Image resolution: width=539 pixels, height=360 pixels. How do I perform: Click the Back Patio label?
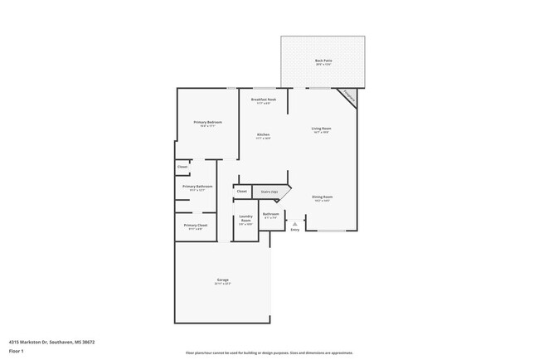(323, 61)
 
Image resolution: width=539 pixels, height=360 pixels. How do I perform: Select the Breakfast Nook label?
(264, 100)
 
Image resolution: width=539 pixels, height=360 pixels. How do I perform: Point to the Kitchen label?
(263, 135)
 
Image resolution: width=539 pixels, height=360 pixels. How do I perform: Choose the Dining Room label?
(322, 198)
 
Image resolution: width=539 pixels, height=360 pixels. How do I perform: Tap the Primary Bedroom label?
(208, 123)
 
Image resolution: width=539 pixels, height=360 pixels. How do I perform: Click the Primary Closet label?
(196, 226)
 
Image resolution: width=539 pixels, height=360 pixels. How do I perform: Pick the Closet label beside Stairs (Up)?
(242, 192)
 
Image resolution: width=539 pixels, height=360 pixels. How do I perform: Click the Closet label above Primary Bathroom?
(182, 167)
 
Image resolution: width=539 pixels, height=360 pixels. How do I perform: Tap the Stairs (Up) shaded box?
(270, 192)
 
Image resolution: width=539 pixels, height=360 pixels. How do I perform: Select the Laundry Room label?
(245, 219)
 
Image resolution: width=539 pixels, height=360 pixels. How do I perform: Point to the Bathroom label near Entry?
(271, 215)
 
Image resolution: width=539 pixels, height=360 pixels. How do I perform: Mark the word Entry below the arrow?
(295, 231)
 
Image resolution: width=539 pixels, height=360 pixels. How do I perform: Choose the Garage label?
(222, 280)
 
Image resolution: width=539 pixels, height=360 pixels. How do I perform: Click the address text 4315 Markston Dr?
(51, 341)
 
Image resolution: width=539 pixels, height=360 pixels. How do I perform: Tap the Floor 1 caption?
(17, 351)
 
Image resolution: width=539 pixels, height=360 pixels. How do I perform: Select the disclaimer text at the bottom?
(269, 353)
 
